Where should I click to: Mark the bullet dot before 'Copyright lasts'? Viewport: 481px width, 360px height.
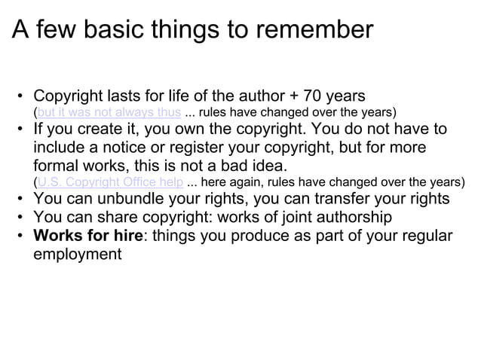point(20,97)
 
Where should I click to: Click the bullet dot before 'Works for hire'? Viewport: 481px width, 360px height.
point(20,236)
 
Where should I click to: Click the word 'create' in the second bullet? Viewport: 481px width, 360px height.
point(106,130)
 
